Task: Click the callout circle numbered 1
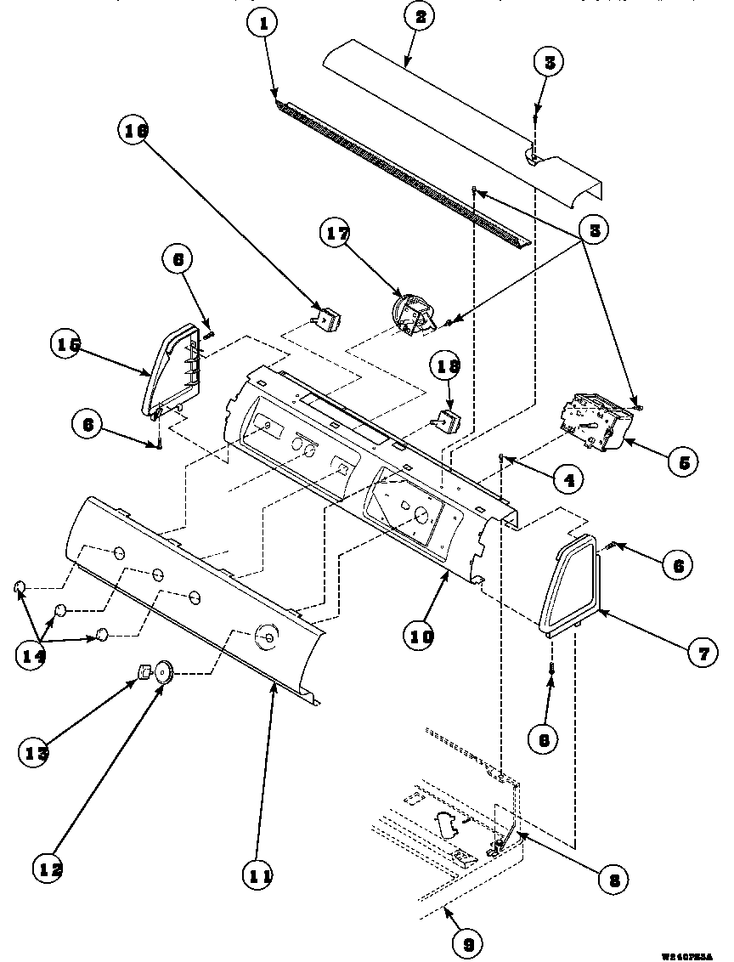264,25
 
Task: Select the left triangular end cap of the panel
172,374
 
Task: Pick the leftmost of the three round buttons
20,586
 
